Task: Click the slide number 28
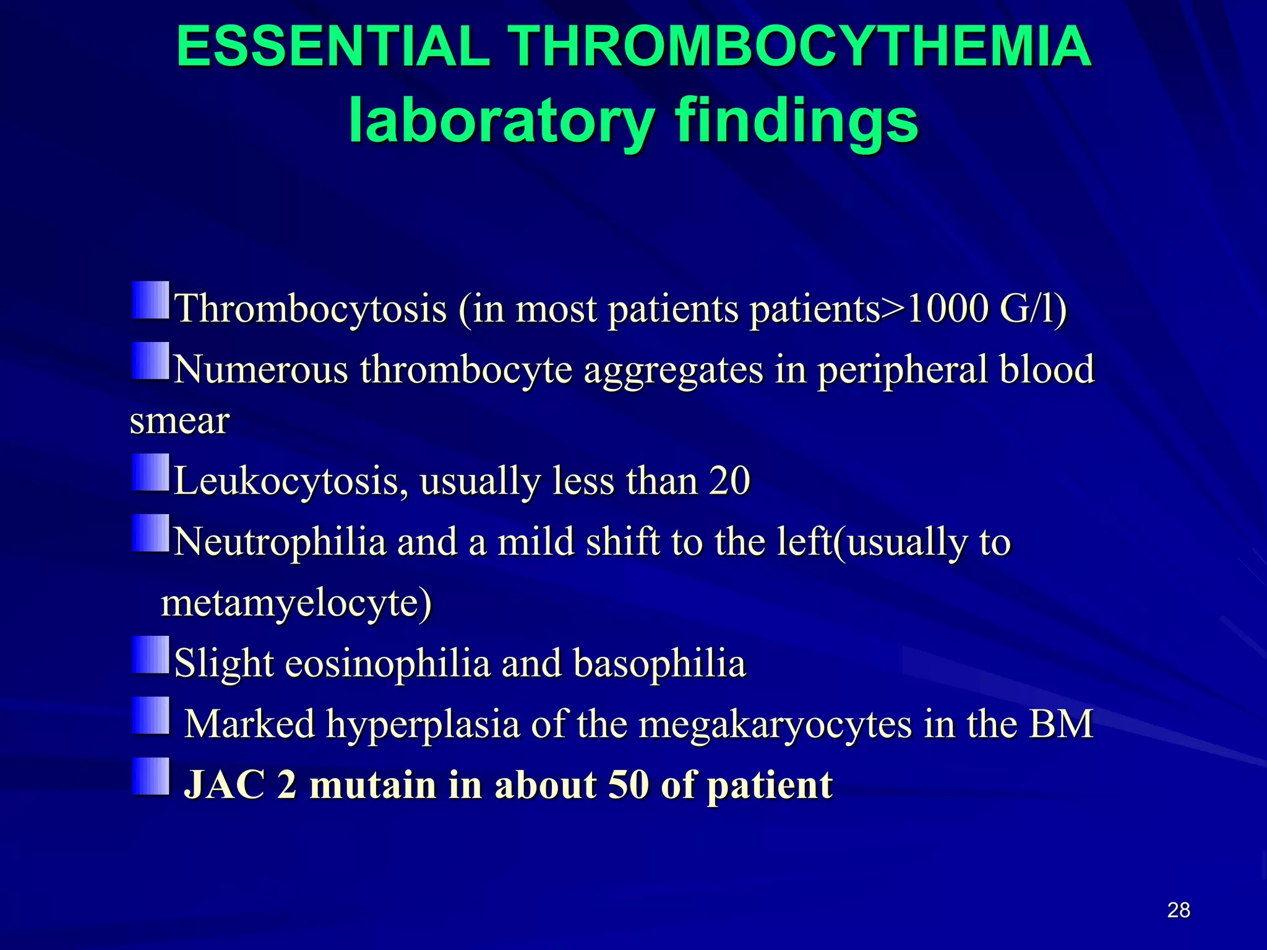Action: (x=1179, y=910)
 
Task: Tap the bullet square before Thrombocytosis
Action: (x=151, y=301)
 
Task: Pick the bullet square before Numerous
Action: (x=151, y=361)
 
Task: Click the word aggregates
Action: (x=674, y=370)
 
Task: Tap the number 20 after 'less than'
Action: (x=729, y=481)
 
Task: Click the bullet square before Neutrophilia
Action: (x=151, y=533)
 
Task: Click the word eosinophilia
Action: (x=388, y=663)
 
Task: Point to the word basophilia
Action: (x=660, y=663)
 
